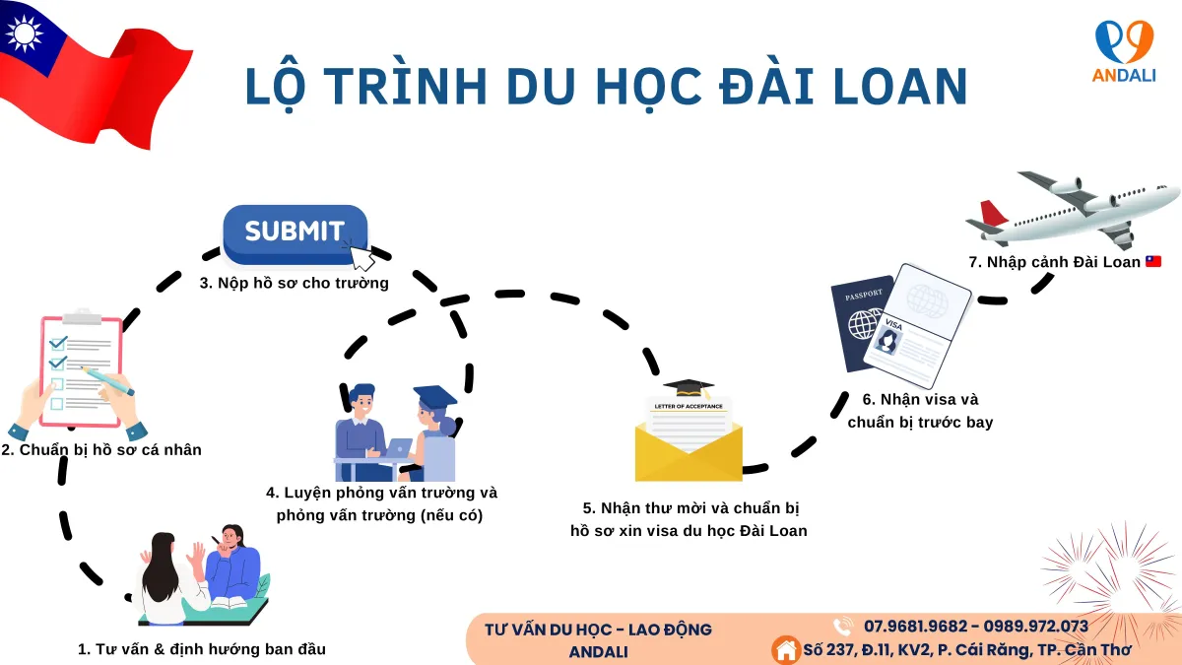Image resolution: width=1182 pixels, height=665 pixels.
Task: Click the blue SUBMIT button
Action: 295,233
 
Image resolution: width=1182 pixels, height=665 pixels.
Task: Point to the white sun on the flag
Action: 24,33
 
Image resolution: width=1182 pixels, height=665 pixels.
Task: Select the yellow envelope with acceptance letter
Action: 689,441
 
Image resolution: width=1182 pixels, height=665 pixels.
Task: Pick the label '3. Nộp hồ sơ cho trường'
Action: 295,284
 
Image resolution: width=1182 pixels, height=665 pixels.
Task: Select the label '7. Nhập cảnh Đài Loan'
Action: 1055,262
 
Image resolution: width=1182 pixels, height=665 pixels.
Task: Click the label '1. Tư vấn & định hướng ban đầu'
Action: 202,649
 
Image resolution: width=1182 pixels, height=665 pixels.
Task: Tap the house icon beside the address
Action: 786,650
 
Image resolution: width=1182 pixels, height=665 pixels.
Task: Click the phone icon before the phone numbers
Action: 843,627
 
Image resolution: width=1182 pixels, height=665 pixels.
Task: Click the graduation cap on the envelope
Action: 688,388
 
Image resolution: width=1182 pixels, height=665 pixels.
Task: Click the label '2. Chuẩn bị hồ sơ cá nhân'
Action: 101,450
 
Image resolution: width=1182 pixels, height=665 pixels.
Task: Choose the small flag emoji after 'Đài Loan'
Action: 1153,262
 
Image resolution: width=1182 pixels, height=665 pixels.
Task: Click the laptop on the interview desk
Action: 398,447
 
